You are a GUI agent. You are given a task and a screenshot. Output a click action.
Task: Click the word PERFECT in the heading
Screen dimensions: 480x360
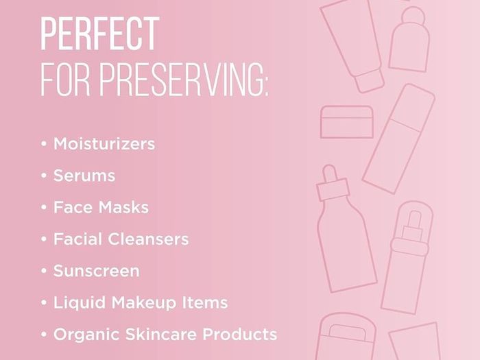pyautogui.click(x=100, y=34)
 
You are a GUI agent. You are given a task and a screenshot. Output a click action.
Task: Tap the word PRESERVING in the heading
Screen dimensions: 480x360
pyautogui.click(x=180, y=80)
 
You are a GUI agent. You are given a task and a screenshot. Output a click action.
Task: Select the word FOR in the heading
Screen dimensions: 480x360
pyautogui.click(x=66, y=80)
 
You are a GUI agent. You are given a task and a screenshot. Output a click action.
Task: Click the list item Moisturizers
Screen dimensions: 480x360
pyautogui.click(x=104, y=144)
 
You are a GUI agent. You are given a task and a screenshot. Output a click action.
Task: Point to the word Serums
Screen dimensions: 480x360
pyautogui.click(x=84, y=176)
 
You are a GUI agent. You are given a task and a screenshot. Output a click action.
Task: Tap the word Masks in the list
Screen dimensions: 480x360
pyautogui.click(x=123, y=207)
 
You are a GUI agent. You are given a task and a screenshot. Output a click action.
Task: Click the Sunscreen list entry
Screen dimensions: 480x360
pyautogui.click(x=97, y=271)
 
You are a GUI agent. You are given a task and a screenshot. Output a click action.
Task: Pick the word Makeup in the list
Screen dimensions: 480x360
pyautogui.click(x=144, y=302)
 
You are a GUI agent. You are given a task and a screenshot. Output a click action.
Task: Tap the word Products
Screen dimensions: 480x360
pyautogui.click(x=240, y=335)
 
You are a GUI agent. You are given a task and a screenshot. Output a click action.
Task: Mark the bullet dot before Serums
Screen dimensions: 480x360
pyautogui.click(x=44, y=176)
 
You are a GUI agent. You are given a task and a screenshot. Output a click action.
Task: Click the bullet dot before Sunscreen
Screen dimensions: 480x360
pyautogui.click(x=44, y=271)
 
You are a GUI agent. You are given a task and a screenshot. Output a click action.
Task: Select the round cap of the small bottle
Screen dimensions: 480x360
pyautogui.click(x=413, y=16)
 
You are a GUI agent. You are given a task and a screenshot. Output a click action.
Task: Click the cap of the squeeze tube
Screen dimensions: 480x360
pyautogui.click(x=370, y=81)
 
